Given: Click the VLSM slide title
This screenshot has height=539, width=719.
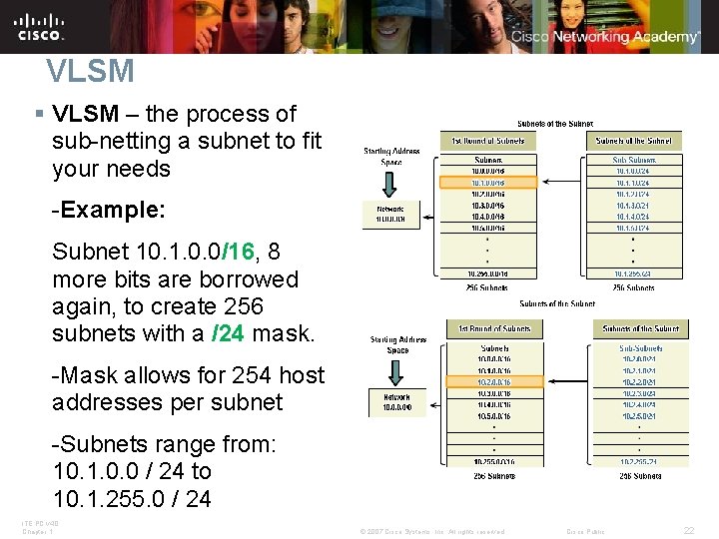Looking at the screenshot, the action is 90,71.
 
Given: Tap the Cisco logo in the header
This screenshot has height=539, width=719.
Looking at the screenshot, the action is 40,26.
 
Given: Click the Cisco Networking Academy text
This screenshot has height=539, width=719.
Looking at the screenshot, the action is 605,37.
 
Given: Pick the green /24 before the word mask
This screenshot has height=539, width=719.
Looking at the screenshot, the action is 227,334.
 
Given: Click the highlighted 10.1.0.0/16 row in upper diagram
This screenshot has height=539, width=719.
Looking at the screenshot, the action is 488,183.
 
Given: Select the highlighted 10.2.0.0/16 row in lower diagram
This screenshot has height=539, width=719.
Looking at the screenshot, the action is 494,381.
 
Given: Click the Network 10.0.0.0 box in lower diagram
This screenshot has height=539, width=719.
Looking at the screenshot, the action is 397,402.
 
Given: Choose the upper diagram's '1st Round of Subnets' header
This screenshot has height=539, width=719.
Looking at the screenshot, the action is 489,141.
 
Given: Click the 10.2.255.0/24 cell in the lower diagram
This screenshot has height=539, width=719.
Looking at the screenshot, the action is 640,461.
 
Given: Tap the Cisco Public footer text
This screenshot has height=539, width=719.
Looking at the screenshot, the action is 587,530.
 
